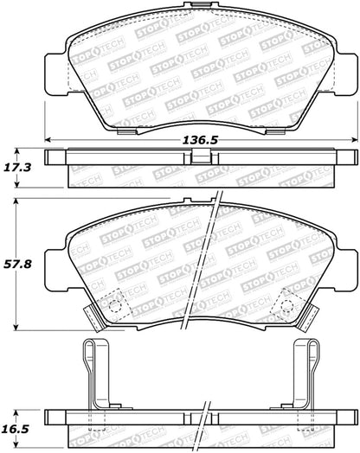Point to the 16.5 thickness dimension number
click(x=22, y=428)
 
